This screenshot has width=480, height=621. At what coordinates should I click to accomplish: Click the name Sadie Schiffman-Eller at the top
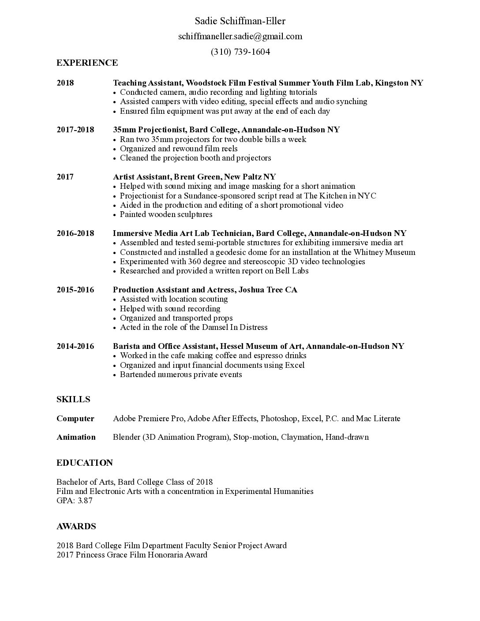(240, 21)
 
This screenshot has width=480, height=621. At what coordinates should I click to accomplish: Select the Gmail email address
(240, 36)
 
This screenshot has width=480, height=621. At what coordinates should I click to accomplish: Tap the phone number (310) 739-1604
(240, 52)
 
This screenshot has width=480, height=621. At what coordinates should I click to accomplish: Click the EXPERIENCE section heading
(87, 63)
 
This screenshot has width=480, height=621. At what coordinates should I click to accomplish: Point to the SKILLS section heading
(73, 399)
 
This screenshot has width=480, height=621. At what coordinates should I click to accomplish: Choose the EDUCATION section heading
(85, 463)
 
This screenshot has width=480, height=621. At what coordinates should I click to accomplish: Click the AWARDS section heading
(76, 526)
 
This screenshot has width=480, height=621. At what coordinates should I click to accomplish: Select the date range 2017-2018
(75, 130)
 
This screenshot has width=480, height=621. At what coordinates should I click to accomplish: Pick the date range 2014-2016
(75, 346)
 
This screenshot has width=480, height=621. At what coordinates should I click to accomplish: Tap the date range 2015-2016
(75, 290)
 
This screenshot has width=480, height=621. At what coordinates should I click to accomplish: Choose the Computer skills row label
(75, 419)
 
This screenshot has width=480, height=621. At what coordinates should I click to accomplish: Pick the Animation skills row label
(76, 437)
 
